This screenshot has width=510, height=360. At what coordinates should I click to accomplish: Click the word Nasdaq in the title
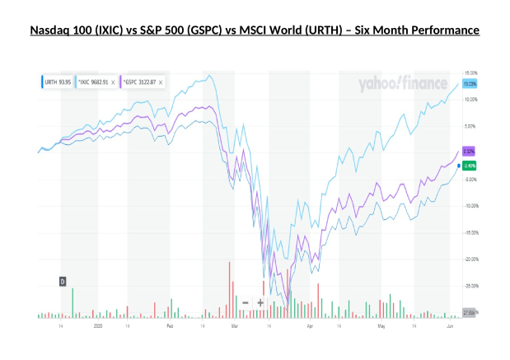tap(50, 32)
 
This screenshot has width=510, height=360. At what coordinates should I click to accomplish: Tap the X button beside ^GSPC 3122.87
tap(161, 82)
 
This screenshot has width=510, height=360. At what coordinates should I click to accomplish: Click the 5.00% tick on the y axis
tap(470, 126)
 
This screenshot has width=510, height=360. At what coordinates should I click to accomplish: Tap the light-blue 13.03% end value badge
tap(470, 83)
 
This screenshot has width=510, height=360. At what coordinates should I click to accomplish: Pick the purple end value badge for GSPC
tap(470, 152)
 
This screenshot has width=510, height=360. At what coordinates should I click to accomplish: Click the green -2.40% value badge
tap(470, 166)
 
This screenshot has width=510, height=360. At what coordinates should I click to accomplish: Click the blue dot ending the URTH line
tap(458, 166)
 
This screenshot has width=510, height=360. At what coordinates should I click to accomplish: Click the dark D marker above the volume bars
tap(62, 282)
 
